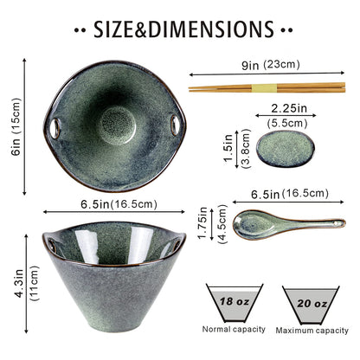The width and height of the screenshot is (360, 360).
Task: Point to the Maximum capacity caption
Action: pyautogui.click(x=312, y=331)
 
